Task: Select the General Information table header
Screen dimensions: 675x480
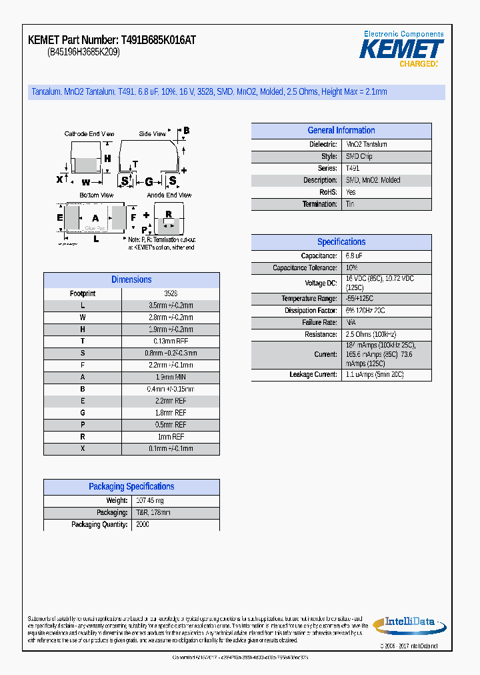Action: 341,131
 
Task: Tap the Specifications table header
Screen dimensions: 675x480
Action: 341,242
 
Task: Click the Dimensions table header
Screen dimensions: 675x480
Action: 131,280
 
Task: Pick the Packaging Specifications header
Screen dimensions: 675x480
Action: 131,487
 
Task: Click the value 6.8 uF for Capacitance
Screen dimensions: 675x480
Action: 355,256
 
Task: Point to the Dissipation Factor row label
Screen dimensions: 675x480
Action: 311,311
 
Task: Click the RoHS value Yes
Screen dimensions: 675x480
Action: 351,192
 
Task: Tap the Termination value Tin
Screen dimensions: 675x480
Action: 350,204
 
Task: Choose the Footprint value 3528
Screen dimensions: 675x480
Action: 171,293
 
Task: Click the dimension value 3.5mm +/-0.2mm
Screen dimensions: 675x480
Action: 171,305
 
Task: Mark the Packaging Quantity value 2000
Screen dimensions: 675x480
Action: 143,525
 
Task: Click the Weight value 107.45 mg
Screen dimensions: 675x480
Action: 150,501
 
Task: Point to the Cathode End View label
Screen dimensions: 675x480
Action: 89,134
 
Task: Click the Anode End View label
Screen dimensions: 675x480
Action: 169,195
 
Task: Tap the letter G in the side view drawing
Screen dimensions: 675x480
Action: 149,181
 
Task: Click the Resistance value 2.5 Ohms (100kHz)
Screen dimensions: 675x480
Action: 371,335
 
